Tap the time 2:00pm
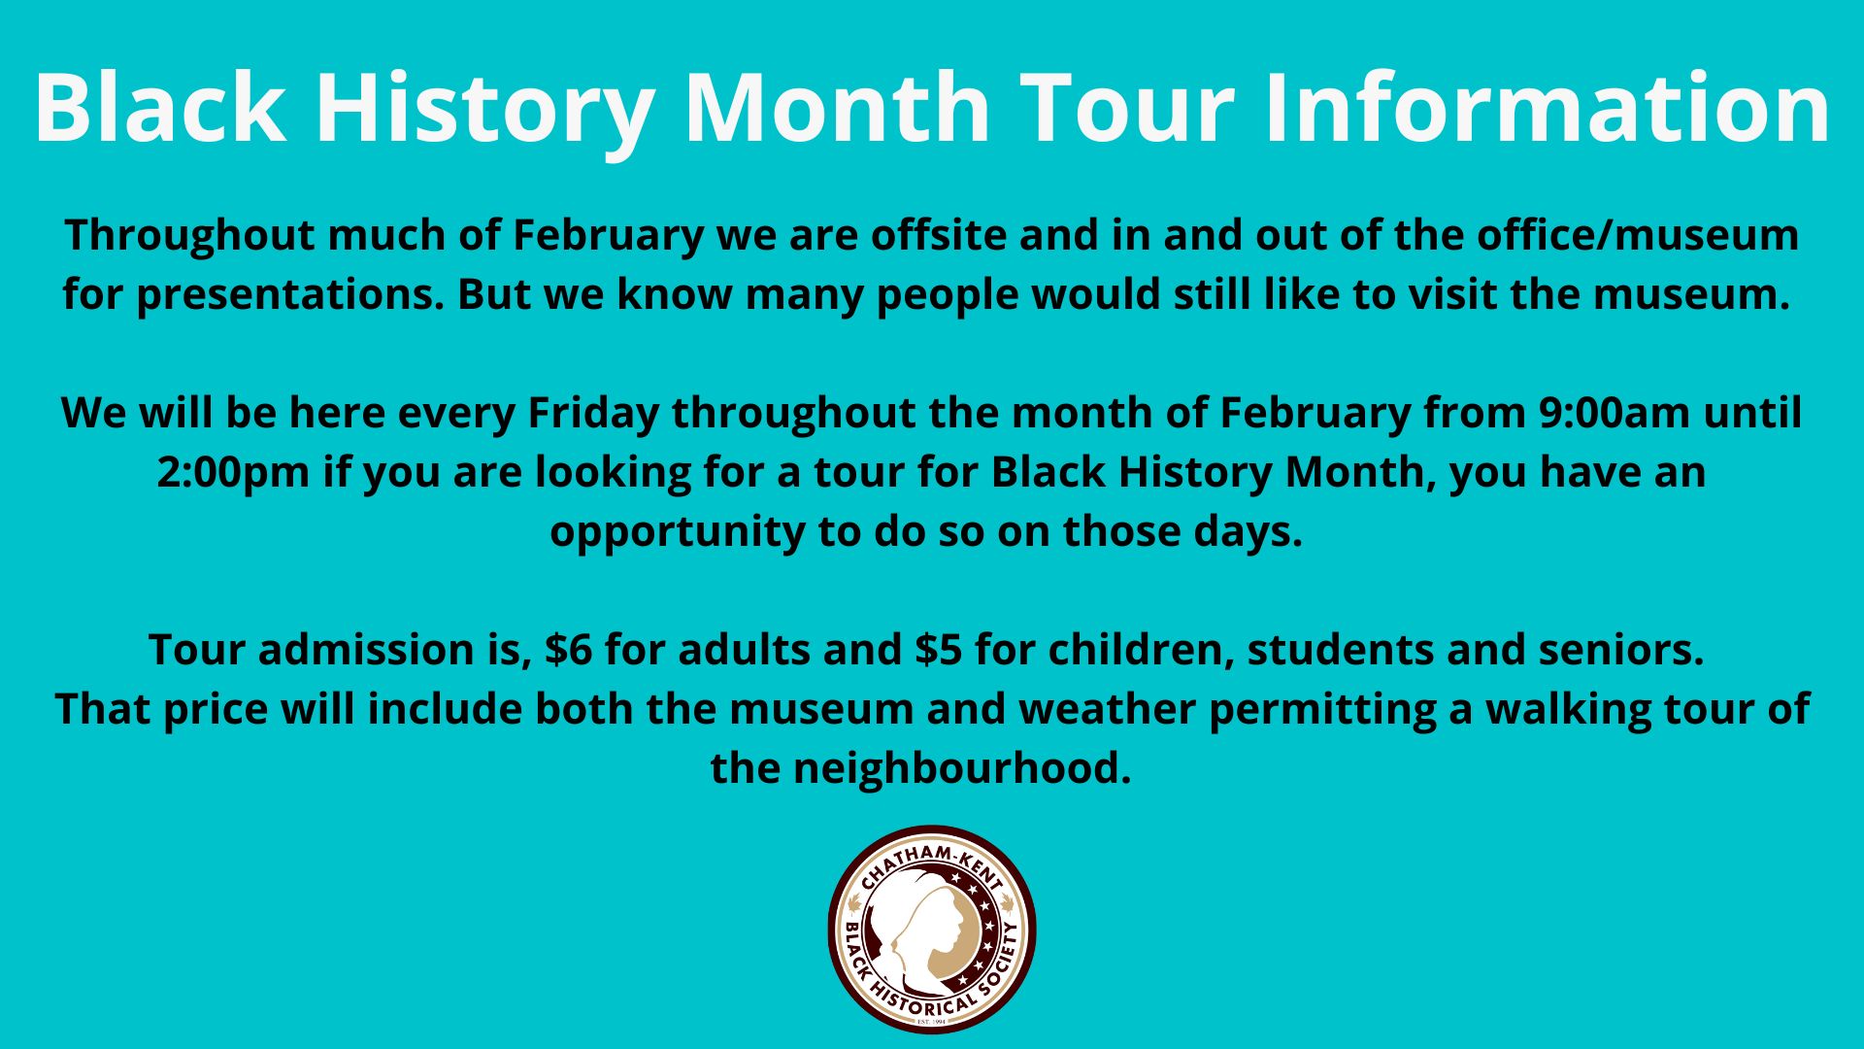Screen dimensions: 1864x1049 click(x=233, y=474)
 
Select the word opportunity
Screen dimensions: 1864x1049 click(x=677, y=533)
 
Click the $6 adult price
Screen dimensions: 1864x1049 click(x=568, y=650)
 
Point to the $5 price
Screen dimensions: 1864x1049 click(x=938, y=650)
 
